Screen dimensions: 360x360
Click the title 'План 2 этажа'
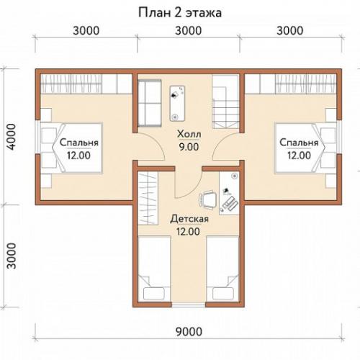click(180, 13)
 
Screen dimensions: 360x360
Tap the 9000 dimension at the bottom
click(189, 332)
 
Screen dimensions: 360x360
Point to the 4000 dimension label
click(12, 137)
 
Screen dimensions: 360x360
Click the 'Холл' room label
click(189, 134)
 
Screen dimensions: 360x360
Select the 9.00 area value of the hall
click(189, 147)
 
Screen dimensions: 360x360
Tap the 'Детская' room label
click(189, 219)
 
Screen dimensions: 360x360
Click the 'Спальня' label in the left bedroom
click(79, 143)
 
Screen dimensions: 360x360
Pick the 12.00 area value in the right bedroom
click(299, 156)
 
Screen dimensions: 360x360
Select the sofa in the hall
click(149, 104)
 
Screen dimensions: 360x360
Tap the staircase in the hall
click(225, 102)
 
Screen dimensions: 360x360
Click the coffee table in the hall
click(177, 103)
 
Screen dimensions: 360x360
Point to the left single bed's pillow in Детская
click(154, 293)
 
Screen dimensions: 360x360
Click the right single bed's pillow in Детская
click(223, 293)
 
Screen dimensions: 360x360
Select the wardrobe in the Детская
click(148, 198)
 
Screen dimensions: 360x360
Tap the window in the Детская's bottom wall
click(189, 305)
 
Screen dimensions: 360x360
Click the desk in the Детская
click(229, 193)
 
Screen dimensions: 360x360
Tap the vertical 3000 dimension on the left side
click(12, 256)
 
